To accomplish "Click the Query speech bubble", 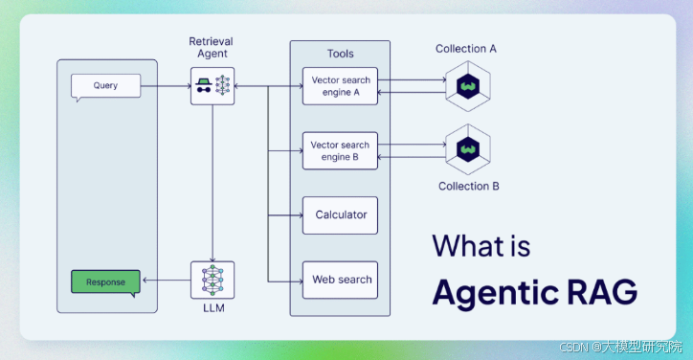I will click(105, 86).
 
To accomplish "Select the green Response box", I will click(105, 282).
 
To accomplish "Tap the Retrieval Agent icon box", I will click(212, 85).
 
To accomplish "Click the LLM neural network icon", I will click(212, 280).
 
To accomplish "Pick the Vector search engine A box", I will click(340, 86).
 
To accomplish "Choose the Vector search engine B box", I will click(340, 150).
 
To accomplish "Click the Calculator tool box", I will click(341, 215).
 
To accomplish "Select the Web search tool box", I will click(341, 280).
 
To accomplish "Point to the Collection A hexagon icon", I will click(469, 85).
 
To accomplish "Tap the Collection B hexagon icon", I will click(469, 148).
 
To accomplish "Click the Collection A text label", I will click(466, 49).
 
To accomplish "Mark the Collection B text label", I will click(468, 186).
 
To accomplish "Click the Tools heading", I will click(340, 55).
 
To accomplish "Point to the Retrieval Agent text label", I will click(212, 48).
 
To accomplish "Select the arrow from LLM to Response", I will click(165, 281).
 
